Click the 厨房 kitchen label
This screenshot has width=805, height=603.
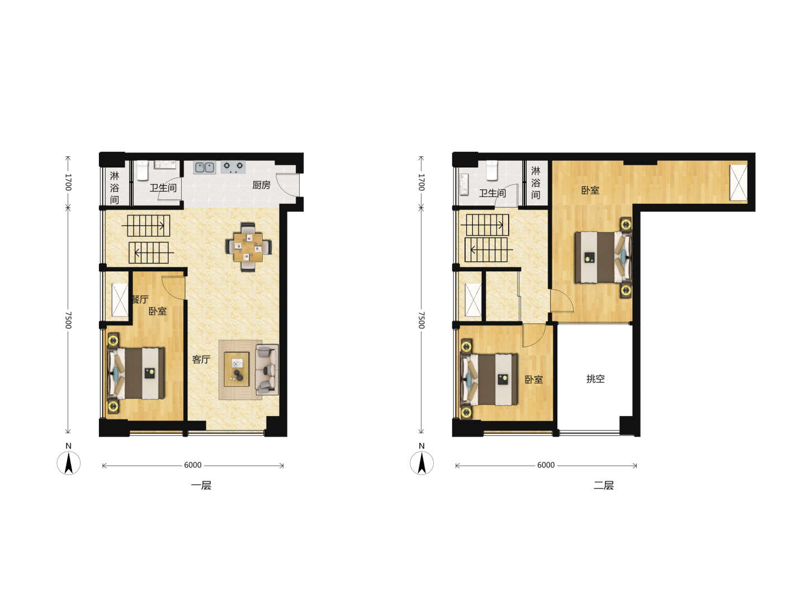[261, 185]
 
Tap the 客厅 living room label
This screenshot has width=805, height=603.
[201, 360]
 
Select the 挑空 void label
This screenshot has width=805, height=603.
[595, 379]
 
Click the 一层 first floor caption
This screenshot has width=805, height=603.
[201, 486]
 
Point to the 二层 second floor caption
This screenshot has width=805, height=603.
[603, 486]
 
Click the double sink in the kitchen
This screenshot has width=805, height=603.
[204, 167]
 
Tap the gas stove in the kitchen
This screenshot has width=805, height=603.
[233, 166]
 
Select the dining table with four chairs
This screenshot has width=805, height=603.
[248, 247]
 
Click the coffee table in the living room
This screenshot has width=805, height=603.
[236, 369]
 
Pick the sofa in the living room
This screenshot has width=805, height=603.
[267, 369]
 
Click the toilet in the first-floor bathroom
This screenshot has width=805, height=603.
[143, 170]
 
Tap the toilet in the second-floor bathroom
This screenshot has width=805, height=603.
[492, 170]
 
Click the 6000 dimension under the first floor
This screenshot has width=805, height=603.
[192, 465]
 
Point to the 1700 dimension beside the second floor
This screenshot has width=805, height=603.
[422, 182]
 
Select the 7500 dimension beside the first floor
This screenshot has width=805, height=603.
[68, 320]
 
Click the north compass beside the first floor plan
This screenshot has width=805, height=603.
[69, 463]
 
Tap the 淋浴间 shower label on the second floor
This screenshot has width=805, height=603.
[536, 183]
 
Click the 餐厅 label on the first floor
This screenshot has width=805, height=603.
[140, 299]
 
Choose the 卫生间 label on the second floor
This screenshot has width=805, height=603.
[492, 193]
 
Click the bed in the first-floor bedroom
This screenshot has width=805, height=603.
[136, 373]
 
